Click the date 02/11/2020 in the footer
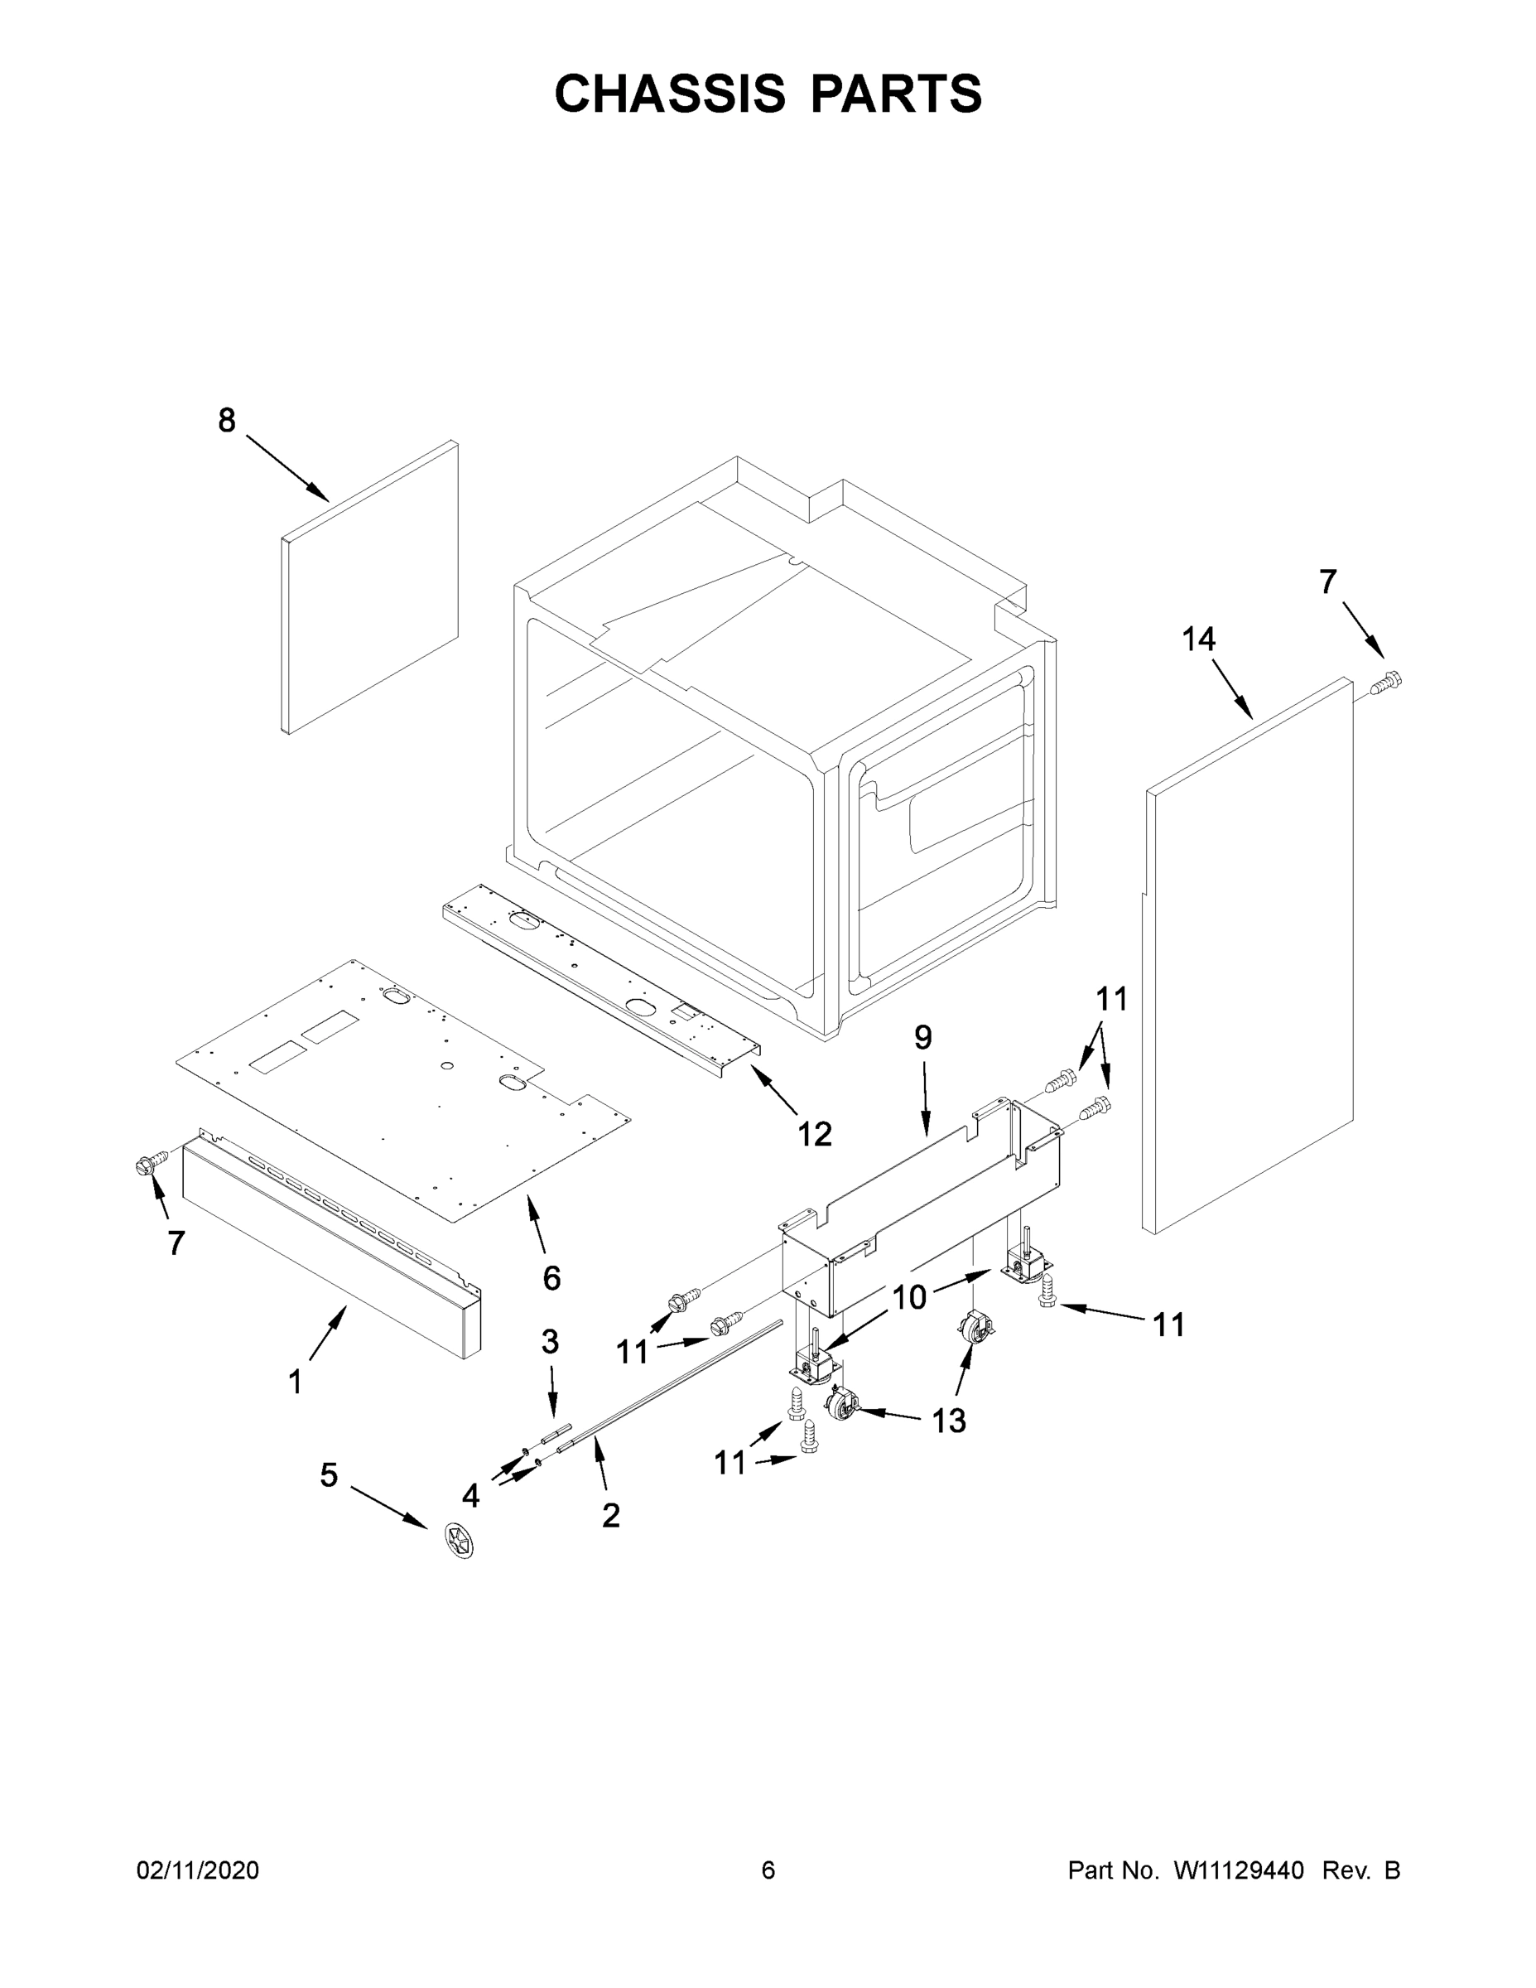[197, 1870]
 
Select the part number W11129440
[1239, 1870]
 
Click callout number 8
[227, 421]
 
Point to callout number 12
[815, 1133]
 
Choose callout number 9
[922, 1037]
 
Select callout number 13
[948, 1420]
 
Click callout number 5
[329, 1474]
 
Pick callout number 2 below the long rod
[610, 1515]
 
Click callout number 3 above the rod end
[550, 1341]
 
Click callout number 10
[908, 1297]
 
